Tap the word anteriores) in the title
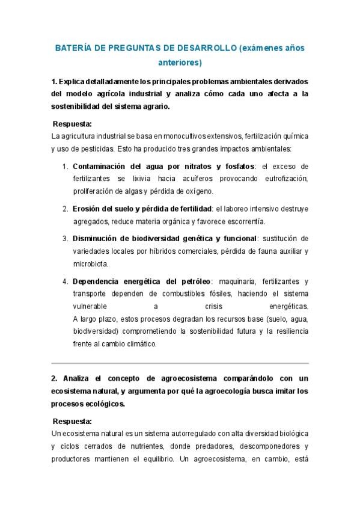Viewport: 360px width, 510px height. click(180, 61)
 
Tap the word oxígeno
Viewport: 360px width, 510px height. click(198, 191)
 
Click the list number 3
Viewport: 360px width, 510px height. click(65, 239)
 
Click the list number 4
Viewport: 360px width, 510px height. click(65, 281)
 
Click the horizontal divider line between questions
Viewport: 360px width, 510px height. click(180, 363)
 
